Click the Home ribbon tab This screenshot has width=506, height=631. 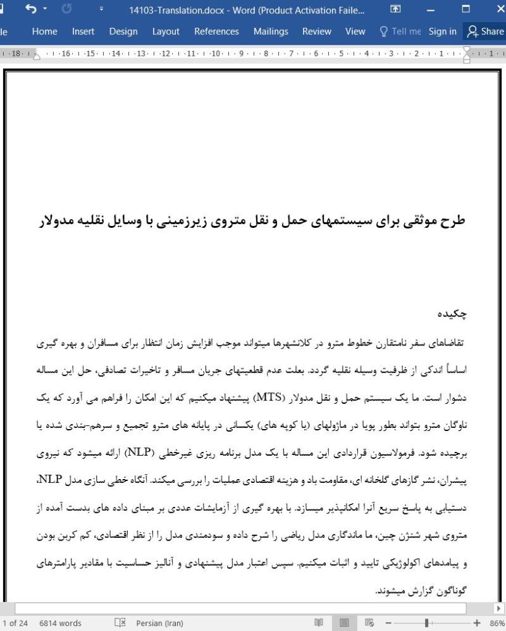[x=45, y=31]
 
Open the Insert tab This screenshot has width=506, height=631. [x=83, y=31]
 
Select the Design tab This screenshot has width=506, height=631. [x=123, y=31]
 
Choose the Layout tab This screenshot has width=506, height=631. [x=166, y=31]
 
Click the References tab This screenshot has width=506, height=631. [x=216, y=31]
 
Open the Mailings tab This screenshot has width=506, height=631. [x=270, y=31]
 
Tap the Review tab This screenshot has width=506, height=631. [x=316, y=31]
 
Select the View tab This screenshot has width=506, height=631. [x=355, y=31]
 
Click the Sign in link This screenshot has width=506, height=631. [x=442, y=31]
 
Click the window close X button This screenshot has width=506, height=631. [x=495, y=9]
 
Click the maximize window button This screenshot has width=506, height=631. [x=466, y=9]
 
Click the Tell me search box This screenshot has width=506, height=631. [x=398, y=31]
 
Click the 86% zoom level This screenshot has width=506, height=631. [x=496, y=623]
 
